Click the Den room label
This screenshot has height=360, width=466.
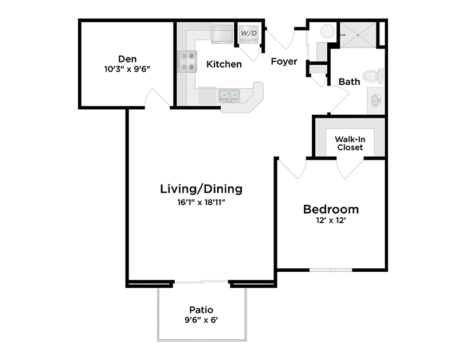coord(127,58)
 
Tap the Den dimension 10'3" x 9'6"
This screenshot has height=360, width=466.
coord(127,69)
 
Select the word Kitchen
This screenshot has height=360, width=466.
coord(224,64)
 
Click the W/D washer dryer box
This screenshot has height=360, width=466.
coord(248,34)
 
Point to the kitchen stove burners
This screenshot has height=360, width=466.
coord(187,61)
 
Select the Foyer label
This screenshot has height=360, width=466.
coord(284,61)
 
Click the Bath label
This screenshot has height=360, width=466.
coord(349,81)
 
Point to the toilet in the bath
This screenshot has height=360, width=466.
coord(374,75)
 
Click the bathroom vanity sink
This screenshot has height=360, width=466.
coord(375,101)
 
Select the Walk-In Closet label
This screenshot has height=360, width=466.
coord(349,143)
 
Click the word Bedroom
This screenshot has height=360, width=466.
coord(331,209)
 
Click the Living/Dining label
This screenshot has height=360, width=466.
coord(201,189)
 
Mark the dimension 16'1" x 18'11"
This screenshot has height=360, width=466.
coord(201,202)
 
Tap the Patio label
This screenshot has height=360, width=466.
coord(201,310)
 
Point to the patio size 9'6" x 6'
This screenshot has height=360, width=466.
coord(201,320)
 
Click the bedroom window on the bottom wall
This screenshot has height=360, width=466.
coord(331,269)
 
